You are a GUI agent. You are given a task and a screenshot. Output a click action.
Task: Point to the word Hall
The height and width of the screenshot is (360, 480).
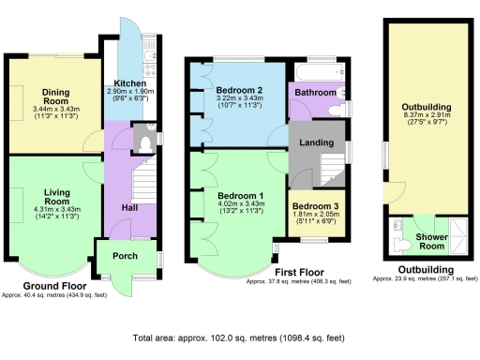tap(129, 208)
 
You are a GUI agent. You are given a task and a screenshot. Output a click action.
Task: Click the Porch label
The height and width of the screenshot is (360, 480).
tap(125, 256)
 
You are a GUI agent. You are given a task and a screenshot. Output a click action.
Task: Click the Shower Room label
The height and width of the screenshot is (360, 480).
tap(430, 241)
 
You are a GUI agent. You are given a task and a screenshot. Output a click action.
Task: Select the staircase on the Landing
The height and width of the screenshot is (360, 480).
tap(331, 170)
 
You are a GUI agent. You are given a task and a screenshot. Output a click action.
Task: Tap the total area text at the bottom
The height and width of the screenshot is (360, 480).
tap(239, 337)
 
